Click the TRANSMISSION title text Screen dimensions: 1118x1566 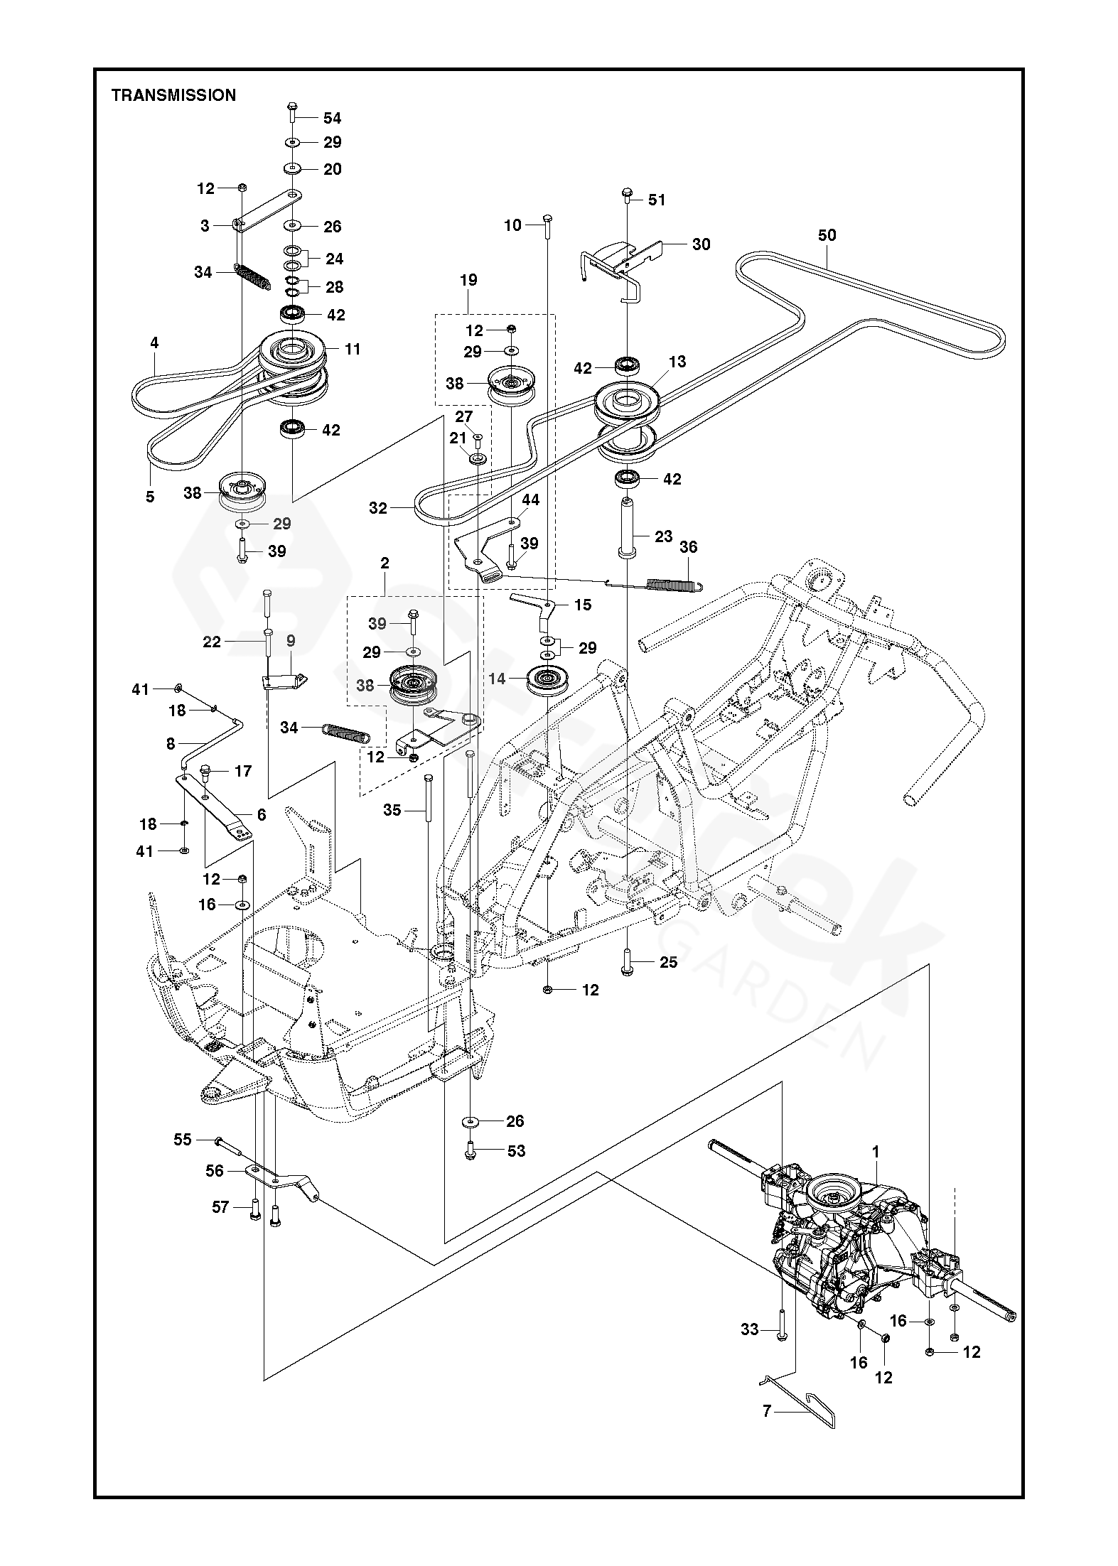point(173,95)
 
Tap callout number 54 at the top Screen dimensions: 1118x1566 point(332,118)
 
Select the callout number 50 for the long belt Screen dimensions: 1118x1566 point(827,235)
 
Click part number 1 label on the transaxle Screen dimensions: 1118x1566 point(876,1152)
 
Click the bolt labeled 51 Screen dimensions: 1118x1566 point(627,195)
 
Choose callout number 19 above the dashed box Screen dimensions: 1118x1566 point(468,280)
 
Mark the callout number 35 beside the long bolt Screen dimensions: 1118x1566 point(392,810)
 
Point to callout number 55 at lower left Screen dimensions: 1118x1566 point(183,1139)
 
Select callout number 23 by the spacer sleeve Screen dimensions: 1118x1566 point(663,536)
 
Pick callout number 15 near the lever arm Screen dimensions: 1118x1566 point(583,605)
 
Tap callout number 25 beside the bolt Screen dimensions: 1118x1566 point(669,962)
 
